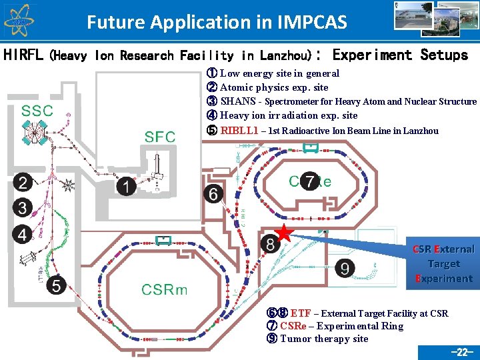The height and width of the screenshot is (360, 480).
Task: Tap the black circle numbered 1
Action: pos(125,187)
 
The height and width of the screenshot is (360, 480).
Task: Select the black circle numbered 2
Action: pos(23,183)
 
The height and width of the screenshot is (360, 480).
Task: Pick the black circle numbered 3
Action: pos(23,208)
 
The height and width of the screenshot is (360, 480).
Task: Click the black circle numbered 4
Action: pos(23,235)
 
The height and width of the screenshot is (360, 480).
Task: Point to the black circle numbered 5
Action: pos(57,286)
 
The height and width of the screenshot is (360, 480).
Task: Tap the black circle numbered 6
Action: pos(213,194)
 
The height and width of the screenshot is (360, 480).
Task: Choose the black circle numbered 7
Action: pos(309,181)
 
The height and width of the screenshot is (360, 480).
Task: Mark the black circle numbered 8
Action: pos(269,245)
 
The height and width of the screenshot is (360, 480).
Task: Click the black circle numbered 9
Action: pos(345,269)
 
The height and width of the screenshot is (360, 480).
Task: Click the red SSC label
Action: pos(37,111)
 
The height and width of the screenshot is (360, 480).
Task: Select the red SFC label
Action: pos(160,137)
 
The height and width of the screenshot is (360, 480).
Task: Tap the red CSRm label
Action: pos(164,289)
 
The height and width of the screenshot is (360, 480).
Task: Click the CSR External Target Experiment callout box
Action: pos(443,264)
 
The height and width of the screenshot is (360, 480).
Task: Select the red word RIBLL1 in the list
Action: pos(239,130)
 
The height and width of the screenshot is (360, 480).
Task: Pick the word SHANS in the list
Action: pos(237,101)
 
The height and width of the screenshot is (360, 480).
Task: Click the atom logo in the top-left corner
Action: pos(18,20)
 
